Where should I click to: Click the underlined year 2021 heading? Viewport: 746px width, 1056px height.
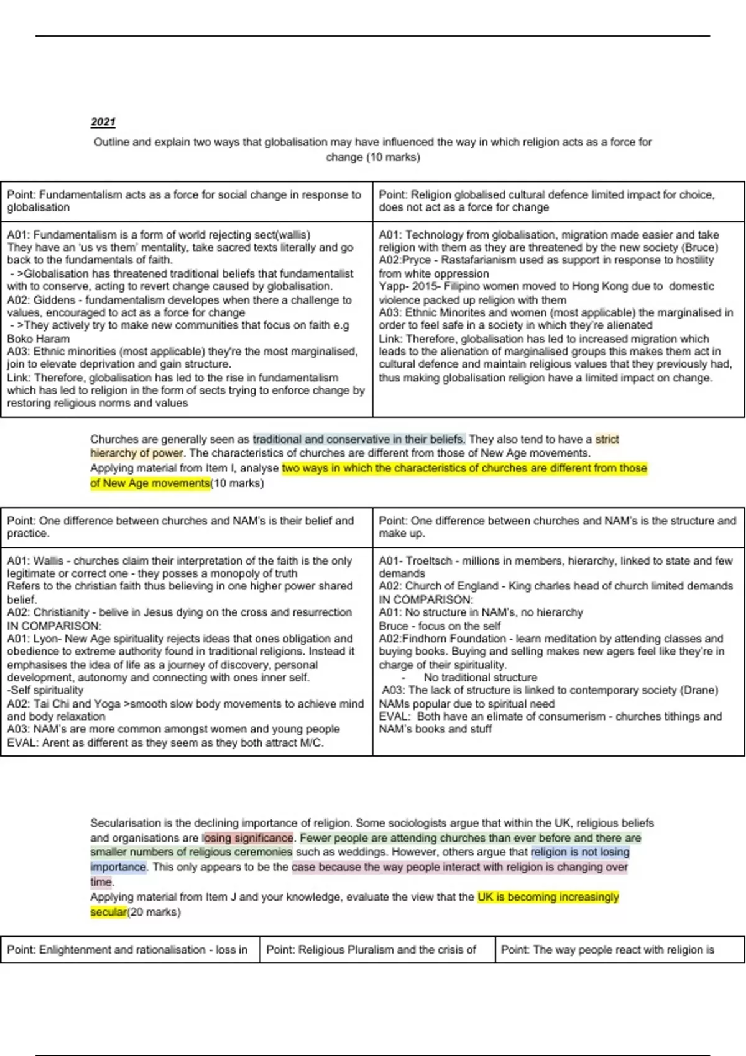(103, 122)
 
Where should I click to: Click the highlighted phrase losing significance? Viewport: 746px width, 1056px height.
(247, 838)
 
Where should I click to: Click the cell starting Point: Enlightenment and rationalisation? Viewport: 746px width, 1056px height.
(129, 950)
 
